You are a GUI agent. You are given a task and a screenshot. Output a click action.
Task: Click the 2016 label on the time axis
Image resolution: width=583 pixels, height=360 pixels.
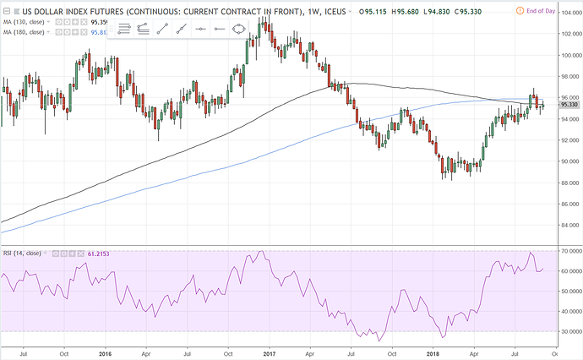(x=105, y=352)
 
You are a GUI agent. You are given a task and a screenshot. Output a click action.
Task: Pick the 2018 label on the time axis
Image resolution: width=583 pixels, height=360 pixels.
(x=433, y=352)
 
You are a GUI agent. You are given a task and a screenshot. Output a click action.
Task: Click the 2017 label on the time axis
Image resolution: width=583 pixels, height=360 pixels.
(x=269, y=352)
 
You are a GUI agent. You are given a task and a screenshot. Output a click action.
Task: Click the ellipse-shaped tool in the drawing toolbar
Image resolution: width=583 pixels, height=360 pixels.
(x=239, y=29)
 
